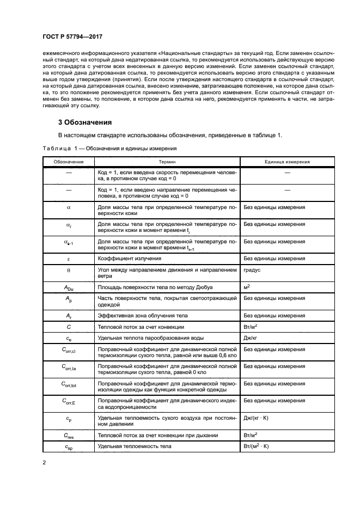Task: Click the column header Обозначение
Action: coord(69,162)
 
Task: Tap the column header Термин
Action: coord(167,162)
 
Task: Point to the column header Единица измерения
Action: coord(287,162)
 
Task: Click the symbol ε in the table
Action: coord(69,257)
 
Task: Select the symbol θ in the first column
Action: coord(69,269)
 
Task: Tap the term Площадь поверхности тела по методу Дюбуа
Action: coord(151,286)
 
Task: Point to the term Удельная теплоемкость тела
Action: coord(134,446)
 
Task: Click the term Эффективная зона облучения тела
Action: coord(144,314)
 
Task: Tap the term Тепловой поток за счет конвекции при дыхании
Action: coord(157,435)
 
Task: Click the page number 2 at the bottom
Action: coord(45,463)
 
